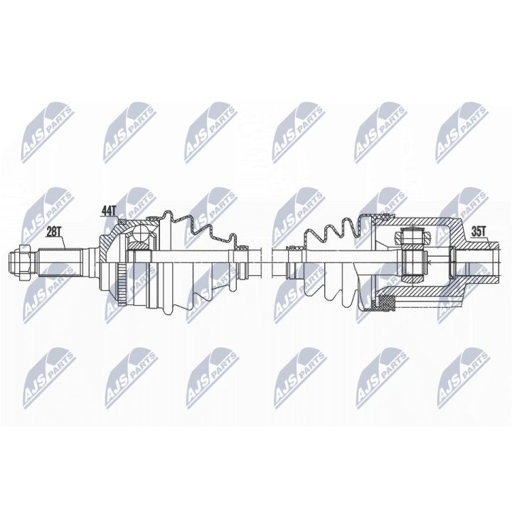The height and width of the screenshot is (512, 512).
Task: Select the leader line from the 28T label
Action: (x=63, y=240)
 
